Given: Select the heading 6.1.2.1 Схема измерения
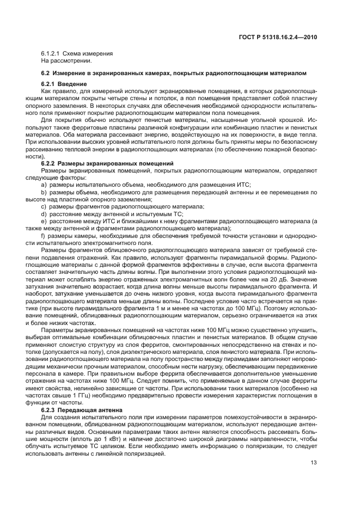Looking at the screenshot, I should [x=77, y=54].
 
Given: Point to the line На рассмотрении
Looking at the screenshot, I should [x=62, y=60].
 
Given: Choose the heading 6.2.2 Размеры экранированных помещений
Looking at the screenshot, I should [x=107, y=163].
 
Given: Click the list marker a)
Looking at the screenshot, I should [x=44, y=185].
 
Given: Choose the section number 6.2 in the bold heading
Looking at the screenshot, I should [x=45, y=73].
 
